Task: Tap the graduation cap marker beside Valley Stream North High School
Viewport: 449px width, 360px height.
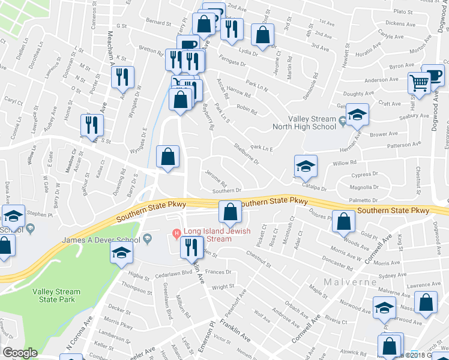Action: [x=358, y=115]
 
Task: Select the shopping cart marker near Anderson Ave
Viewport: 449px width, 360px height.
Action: [x=419, y=83]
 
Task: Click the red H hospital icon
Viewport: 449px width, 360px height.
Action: [x=176, y=233]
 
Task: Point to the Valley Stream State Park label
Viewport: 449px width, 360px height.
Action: [x=56, y=296]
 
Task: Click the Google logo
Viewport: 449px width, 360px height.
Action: [x=19, y=353]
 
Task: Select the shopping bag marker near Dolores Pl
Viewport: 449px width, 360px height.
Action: [x=343, y=223]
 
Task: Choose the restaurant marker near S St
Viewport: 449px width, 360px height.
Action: [x=92, y=125]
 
